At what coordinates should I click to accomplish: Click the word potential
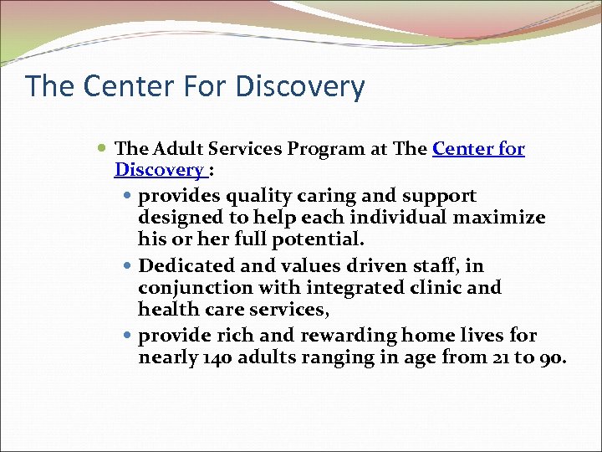click(319, 239)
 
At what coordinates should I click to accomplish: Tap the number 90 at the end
click(553, 358)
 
